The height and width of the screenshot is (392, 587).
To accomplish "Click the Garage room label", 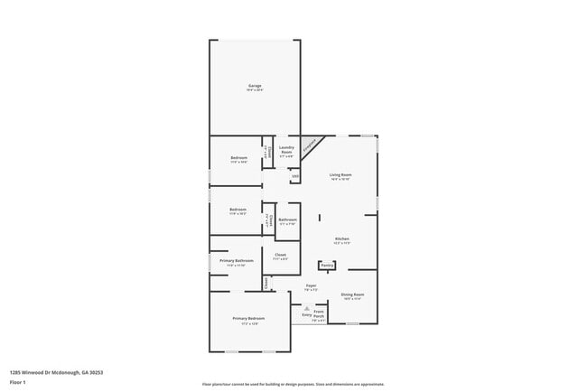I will point(255,87).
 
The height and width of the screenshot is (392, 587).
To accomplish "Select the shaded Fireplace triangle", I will point(308,144).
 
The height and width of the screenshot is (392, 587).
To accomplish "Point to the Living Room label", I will point(340,176).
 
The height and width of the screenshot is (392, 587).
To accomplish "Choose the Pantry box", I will point(327,266).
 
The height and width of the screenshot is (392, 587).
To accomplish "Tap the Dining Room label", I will point(352,296).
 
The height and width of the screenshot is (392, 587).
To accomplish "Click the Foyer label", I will point(311,287).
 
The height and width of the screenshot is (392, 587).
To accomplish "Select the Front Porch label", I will point(319,315).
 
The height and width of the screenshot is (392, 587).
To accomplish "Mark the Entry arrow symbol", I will point(305,308).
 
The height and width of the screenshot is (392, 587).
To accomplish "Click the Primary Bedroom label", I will point(248,320).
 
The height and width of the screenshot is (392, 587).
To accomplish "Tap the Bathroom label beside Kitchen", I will point(287,221).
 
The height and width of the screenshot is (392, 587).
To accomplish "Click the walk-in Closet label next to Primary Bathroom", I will point(281,257).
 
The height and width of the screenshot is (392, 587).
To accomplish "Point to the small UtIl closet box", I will point(294,176).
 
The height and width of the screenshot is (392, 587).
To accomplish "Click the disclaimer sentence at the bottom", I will point(293,384).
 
